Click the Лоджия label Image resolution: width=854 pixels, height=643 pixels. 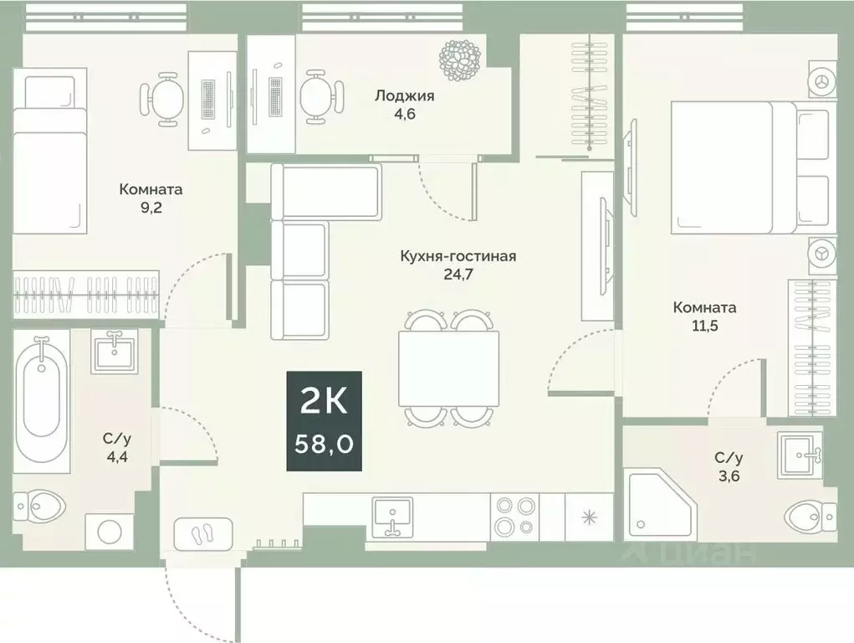click(404, 95)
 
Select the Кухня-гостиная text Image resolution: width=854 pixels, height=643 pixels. click(458, 255)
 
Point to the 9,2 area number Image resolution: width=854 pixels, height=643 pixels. click(151, 207)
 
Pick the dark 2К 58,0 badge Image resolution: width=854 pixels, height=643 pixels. click(325, 420)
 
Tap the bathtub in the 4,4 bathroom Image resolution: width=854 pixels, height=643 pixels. click(42, 399)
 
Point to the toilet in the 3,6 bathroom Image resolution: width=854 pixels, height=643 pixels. click(811, 514)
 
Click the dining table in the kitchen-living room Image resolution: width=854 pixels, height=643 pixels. click(449, 368)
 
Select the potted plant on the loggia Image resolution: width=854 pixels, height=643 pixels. click(461, 59)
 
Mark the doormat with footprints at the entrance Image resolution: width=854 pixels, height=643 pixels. click(203, 532)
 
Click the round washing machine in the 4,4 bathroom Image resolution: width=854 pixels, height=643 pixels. click(110, 531)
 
